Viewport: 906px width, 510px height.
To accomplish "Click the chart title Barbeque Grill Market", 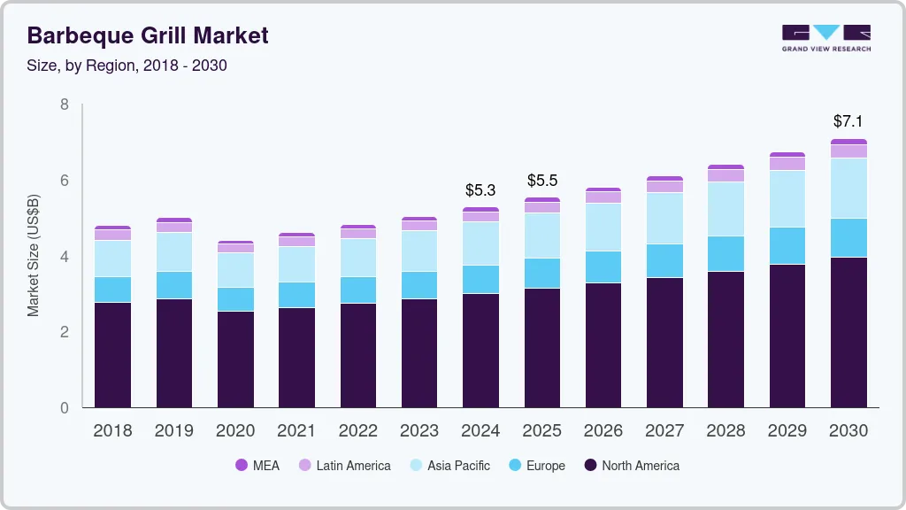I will click(x=148, y=36).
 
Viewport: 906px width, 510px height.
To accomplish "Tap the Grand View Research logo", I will click(x=826, y=38).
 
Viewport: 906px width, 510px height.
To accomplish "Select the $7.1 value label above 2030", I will click(x=848, y=121).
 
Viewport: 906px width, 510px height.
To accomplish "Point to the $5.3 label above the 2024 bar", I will click(x=480, y=190).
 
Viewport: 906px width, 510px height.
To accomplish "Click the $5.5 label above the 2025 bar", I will click(x=542, y=181).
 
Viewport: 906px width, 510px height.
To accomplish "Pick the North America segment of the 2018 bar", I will click(x=112, y=354).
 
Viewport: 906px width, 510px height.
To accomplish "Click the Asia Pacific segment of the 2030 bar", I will click(x=848, y=189).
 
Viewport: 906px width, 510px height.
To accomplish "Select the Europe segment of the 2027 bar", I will click(x=664, y=261).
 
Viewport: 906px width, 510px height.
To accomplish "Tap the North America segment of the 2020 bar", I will click(x=235, y=359).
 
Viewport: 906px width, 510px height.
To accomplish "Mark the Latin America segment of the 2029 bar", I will click(x=787, y=164).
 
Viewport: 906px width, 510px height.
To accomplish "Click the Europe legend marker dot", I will click(x=512, y=466).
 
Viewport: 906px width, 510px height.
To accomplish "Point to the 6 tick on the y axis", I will click(x=64, y=181).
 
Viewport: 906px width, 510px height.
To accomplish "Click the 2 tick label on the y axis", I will click(x=64, y=332).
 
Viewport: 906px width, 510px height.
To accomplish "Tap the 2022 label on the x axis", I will click(x=358, y=431).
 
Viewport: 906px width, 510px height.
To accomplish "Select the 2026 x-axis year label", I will click(x=603, y=431).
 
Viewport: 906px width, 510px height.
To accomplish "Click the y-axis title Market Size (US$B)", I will click(x=33, y=255).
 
